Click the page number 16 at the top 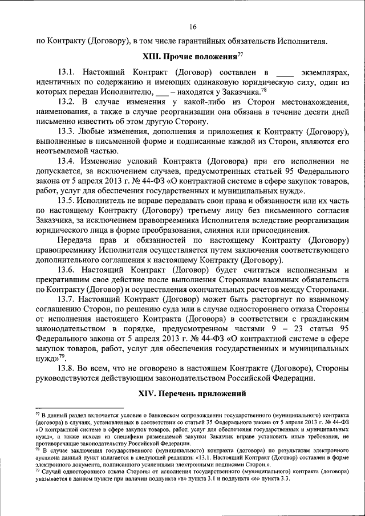click(193, 26)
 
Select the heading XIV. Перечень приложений click(192, 393)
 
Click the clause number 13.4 click(67, 161)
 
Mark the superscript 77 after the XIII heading click(240, 54)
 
